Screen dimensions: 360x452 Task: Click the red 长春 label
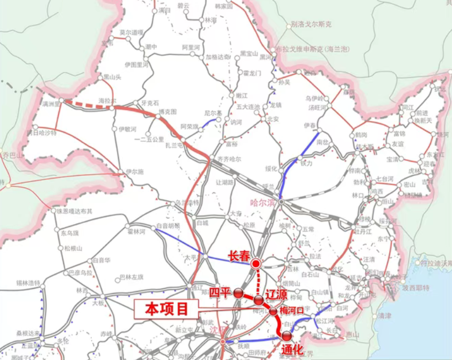point(238,256)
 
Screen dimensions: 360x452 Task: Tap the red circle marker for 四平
point(238,293)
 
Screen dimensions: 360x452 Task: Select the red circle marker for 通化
point(287,336)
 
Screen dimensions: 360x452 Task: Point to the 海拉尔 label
point(108,100)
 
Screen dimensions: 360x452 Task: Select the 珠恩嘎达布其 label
point(75,211)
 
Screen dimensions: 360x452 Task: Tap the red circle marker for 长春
point(256,263)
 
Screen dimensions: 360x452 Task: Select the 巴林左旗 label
point(132,277)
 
